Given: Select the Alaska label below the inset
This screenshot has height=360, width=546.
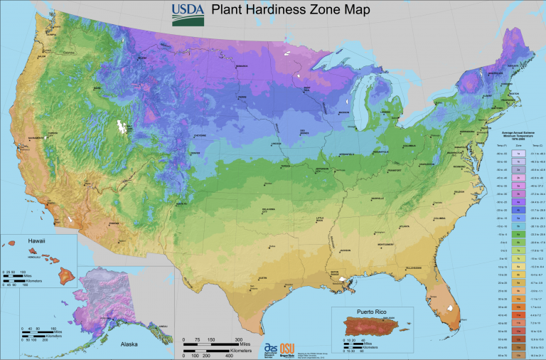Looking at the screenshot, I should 129,342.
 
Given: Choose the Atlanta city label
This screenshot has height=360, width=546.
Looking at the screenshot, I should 405,226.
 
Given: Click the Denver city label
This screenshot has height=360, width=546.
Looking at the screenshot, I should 196,153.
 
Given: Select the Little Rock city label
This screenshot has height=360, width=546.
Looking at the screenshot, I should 320,218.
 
